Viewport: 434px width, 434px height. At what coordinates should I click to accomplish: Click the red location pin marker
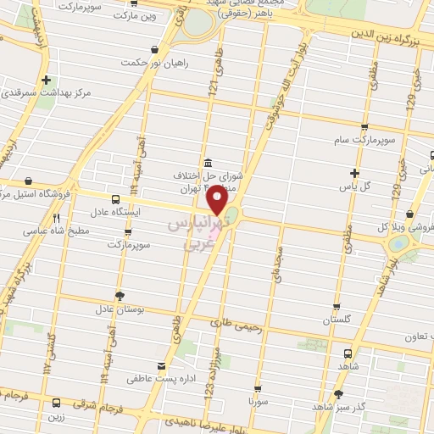218,200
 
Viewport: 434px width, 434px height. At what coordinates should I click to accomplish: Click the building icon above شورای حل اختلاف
208,163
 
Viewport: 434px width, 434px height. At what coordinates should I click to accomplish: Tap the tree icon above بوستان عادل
120,296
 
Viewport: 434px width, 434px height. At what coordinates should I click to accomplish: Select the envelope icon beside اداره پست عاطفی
161,365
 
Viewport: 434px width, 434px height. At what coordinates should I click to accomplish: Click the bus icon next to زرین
57,403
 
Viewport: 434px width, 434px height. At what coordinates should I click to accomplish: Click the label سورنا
258,398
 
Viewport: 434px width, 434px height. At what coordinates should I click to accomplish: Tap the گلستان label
337,320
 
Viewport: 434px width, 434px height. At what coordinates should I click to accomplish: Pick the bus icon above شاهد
348,354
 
